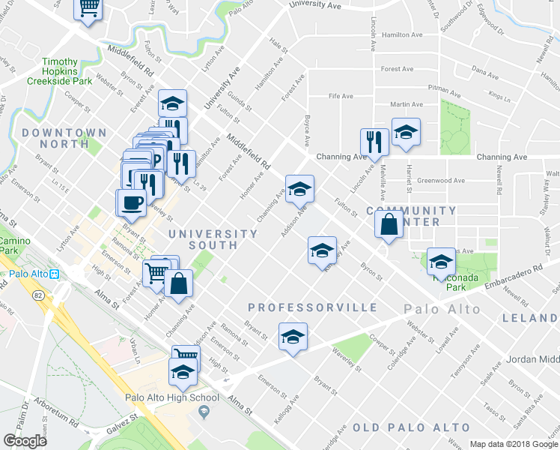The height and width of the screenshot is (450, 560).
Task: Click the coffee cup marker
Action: [x=132, y=203]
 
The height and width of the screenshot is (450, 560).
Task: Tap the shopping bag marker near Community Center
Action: [x=389, y=224]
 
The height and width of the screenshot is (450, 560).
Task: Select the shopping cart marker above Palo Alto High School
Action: [x=184, y=355]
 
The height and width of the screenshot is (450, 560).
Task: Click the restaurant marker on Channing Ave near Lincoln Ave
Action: [x=373, y=142]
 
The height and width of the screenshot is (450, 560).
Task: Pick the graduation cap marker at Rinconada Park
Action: [x=441, y=262]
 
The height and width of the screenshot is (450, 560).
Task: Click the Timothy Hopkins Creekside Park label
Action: [x=60, y=70]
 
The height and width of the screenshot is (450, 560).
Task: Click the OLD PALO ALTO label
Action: [x=411, y=427]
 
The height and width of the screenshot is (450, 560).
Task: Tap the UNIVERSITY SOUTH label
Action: [x=203, y=239]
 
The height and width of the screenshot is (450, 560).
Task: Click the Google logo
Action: [x=25, y=441]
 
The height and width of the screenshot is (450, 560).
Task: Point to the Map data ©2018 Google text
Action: [x=514, y=444]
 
